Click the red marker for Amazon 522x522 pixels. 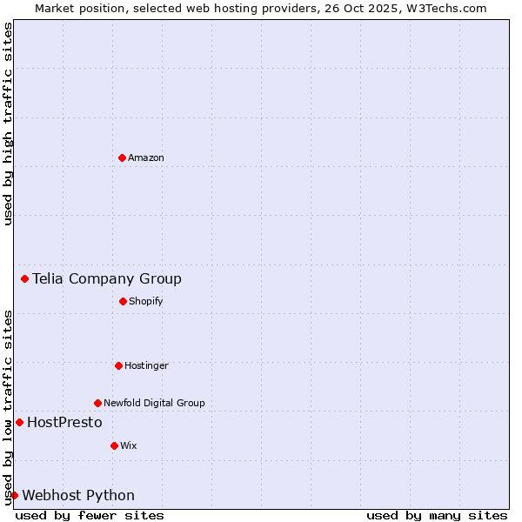pos(123,157)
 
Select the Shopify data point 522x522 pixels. pos(123,301)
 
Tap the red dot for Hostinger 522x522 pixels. pos(118,365)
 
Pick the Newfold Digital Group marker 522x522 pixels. pos(97,403)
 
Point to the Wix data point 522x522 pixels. pos(114,445)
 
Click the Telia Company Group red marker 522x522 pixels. pos(24,278)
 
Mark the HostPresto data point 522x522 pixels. pos(19,422)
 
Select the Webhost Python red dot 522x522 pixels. pos(14,495)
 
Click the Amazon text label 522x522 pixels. pos(146,157)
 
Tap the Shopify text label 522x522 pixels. pos(145,301)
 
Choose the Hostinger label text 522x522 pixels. pos(146,365)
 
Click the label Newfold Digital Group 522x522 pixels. pos(154,403)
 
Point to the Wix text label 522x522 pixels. pos(128,445)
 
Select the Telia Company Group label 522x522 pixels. pos(107,278)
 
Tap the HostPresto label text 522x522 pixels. pos(64,422)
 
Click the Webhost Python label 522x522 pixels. pos(78,495)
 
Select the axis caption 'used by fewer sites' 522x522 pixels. pos(90,515)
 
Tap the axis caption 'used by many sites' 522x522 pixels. pos(437,515)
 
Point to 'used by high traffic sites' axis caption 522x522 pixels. pos(8,124)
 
